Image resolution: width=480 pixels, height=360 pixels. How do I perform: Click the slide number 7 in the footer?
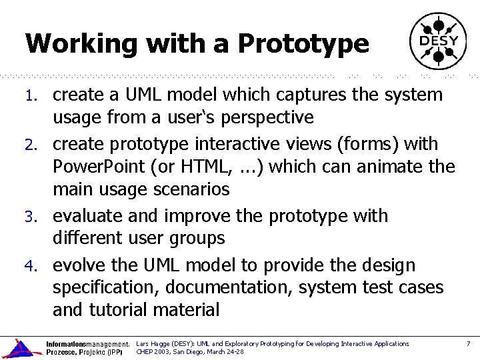[468, 344]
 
